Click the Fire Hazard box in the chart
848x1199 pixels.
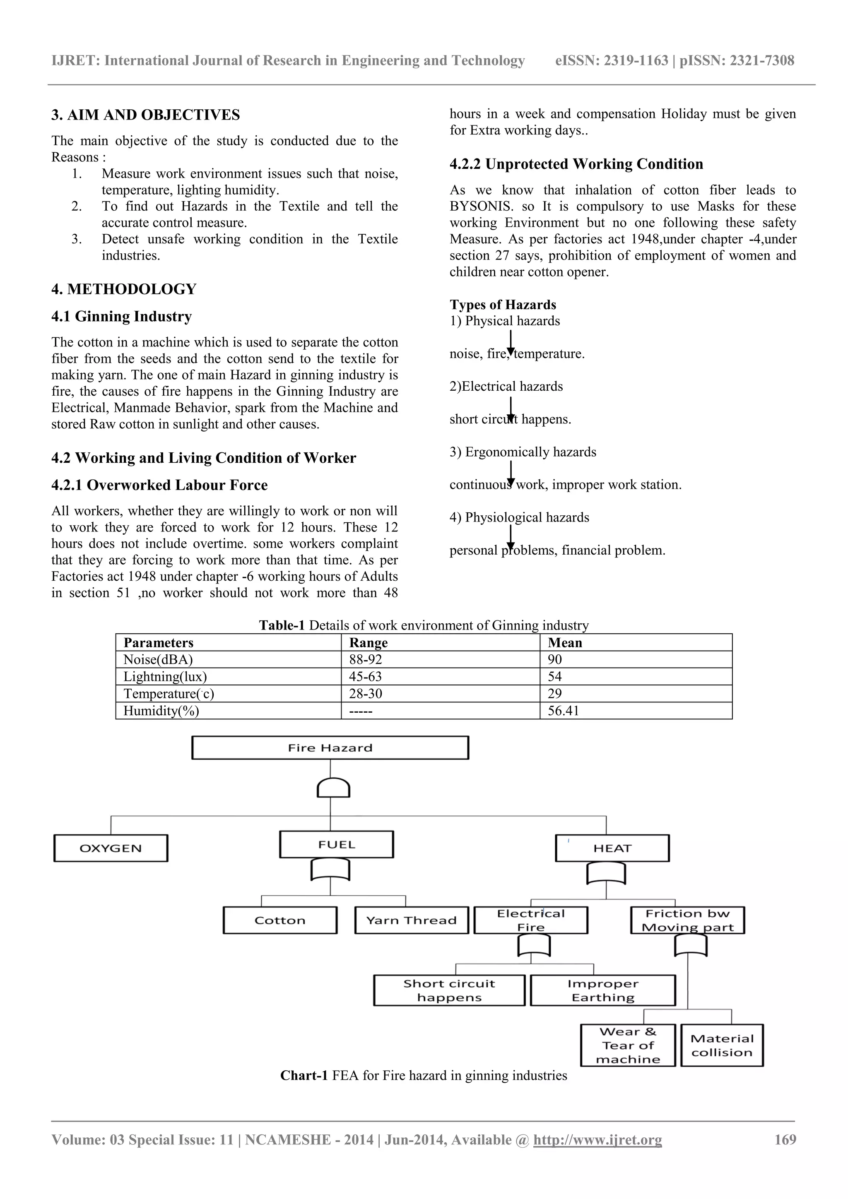click(330, 748)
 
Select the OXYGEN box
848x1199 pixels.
click(111, 848)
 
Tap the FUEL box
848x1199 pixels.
click(337, 844)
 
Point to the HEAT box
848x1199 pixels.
click(612, 848)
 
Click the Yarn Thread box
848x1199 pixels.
click(411, 920)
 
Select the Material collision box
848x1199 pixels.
click(722, 1045)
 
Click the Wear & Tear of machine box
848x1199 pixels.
click(628, 1045)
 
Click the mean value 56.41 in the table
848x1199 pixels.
click(563, 711)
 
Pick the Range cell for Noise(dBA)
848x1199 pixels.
click(366, 660)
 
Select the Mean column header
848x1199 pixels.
click(565, 642)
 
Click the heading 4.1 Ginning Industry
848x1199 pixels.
click(121, 317)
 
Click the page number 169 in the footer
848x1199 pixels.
click(785, 1139)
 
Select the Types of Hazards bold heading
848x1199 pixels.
click(503, 305)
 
